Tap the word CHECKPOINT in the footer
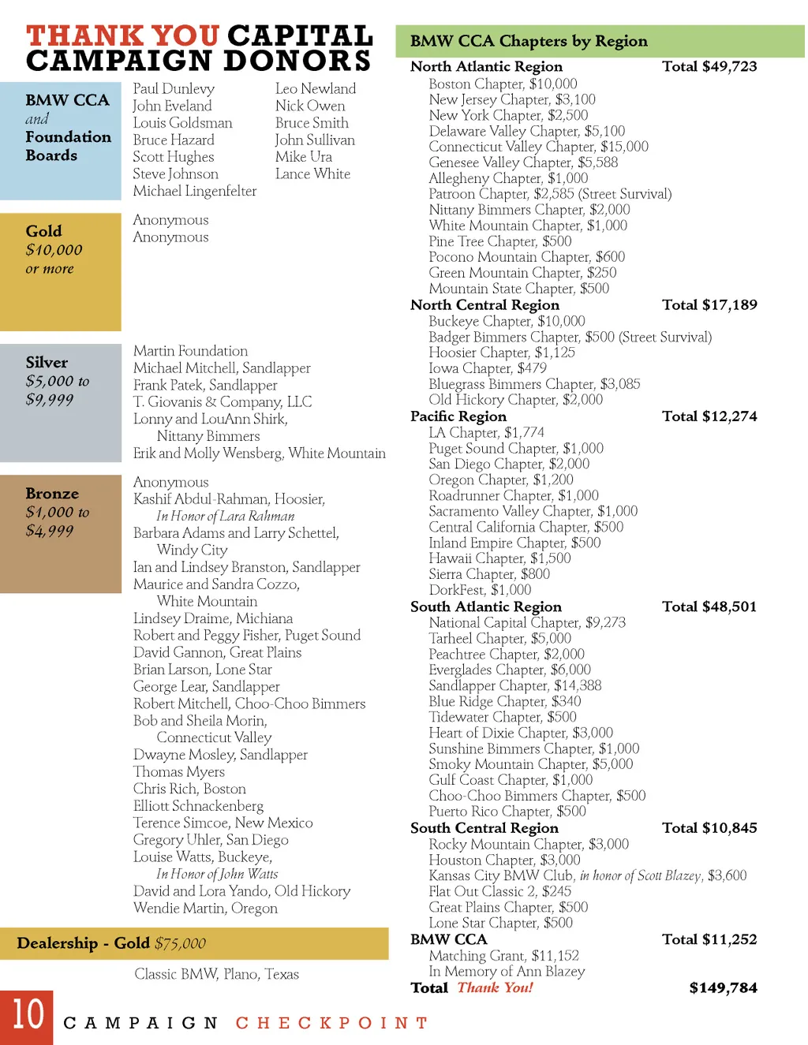tap(332, 1023)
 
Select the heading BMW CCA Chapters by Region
tap(529, 41)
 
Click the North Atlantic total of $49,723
tap(709, 66)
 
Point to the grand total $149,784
tap(723, 987)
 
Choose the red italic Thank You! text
tap(495, 987)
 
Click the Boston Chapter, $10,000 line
tap(503, 84)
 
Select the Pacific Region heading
tap(458, 416)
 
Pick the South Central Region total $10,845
tap(709, 828)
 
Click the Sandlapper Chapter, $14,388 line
tap(514, 685)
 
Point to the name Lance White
tap(312, 174)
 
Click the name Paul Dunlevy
tap(174, 88)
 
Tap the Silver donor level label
tap(47, 363)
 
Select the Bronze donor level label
tap(52, 494)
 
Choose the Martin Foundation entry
tap(190, 351)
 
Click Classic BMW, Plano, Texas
tap(216, 974)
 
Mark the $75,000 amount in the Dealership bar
tap(180, 943)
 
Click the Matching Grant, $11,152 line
tap(503, 956)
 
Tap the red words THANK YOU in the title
tap(122, 35)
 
